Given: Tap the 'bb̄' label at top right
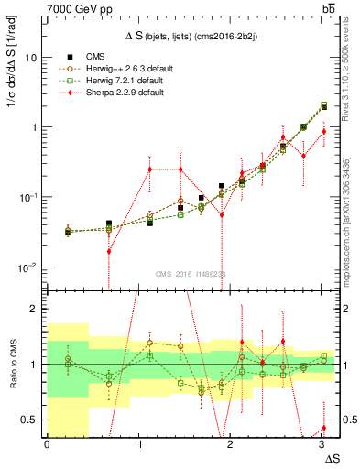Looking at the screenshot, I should [327, 8].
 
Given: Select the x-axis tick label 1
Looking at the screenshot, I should [138, 444].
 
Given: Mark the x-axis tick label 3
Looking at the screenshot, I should [322, 444].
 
